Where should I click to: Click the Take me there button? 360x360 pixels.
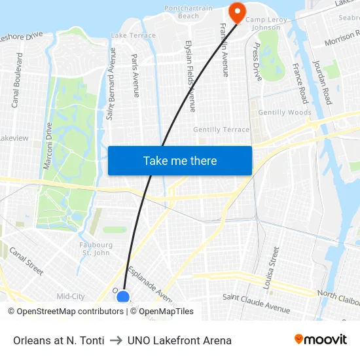click(180, 160)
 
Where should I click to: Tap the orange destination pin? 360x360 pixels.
click(236, 11)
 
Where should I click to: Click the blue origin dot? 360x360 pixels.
click(122, 297)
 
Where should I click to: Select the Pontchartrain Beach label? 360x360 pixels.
click(189, 12)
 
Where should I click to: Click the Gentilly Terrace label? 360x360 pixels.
click(221, 130)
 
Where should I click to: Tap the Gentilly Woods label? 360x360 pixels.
click(285, 113)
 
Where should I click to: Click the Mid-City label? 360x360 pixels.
click(71, 297)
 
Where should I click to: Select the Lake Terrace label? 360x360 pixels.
click(134, 35)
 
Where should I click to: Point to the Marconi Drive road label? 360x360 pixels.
click(48, 146)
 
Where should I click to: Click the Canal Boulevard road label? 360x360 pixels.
click(17, 80)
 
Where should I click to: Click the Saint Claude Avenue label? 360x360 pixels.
click(256, 302)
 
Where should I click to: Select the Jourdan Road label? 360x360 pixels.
click(322, 82)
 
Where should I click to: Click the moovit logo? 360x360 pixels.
click(320, 340)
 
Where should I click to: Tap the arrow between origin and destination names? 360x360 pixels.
click(115, 340)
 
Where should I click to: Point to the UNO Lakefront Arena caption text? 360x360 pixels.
click(179, 340)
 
